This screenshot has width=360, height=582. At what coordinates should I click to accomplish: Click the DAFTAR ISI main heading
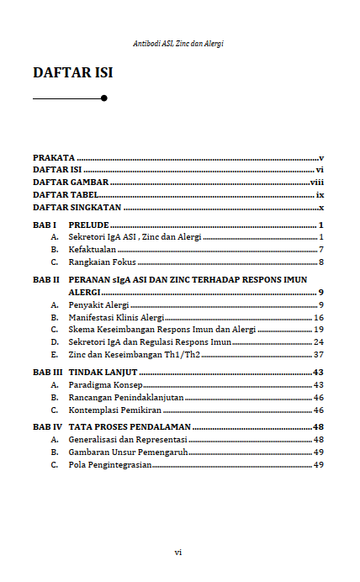(x=72, y=73)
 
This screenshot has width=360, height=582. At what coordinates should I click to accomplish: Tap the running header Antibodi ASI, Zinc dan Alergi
(x=178, y=42)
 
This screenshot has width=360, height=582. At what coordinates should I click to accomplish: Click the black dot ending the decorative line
(x=103, y=98)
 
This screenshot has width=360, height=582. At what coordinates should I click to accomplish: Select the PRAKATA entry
(x=54, y=157)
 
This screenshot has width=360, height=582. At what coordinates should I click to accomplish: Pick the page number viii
(x=317, y=182)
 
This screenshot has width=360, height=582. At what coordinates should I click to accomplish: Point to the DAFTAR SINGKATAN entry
(x=77, y=207)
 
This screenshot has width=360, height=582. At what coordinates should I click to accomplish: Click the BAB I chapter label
(x=45, y=225)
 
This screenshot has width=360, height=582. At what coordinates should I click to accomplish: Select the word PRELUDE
(x=88, y=225)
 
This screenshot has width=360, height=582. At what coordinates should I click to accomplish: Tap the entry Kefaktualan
(x=93, y=250)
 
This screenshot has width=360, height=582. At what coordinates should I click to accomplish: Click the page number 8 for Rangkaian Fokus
(x=321, y=262)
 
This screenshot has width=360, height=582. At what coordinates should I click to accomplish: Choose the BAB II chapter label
(x=46, y=278)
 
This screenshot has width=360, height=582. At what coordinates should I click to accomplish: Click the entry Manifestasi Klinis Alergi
(x=115, y=318)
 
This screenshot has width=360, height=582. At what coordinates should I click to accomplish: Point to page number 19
(x=319, y=330)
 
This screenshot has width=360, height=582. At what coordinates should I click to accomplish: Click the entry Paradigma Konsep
(x=105, y=384)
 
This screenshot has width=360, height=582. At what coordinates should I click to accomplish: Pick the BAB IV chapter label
(x=47, y=427)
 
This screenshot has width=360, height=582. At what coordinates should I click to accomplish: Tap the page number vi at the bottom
(x=178, y=552)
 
